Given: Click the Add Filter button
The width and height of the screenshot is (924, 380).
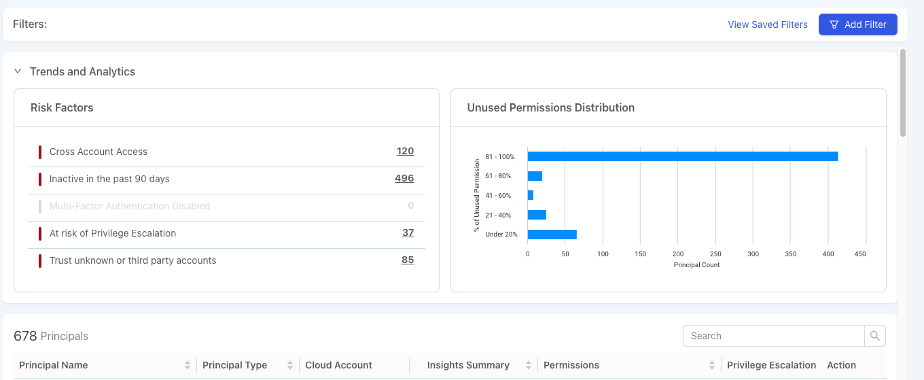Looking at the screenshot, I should tap(857, 24).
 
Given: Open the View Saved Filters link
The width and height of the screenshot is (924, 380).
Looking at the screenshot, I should tap(768, 24).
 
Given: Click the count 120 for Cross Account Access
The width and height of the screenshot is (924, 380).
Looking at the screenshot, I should tap(405, 152).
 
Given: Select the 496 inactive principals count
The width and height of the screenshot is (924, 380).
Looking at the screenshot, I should tap(404, 179).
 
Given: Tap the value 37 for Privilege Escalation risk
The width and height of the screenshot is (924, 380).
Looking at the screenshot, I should tap(408, 233).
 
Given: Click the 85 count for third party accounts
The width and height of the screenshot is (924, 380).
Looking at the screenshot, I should tap(408, 260).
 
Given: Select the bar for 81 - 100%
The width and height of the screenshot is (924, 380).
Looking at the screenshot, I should tap(682, 156).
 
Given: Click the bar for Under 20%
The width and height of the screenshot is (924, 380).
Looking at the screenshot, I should tap(552, 235).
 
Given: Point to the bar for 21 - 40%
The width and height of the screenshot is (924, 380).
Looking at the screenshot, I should tap(537, 215).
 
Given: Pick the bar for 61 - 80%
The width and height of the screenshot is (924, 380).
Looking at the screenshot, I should tap(535, 176).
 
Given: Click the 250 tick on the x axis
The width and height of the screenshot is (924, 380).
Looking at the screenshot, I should tap(715, 254).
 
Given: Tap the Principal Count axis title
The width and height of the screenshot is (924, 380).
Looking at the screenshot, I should tap(696, 265).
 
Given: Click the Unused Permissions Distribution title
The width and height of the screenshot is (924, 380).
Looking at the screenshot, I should tap(550, 107).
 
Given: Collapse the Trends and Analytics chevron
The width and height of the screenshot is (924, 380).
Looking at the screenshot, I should tap(18, 71).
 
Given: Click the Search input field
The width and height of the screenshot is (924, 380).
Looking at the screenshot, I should tap(773, 336).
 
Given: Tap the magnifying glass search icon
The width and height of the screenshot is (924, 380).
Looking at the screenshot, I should tap(875, 336).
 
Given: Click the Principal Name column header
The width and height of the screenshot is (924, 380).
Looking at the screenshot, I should tap(54, 365).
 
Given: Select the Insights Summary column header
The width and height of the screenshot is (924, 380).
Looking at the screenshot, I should tap(468, 365).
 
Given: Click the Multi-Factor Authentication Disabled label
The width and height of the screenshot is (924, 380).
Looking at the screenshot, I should tap(130, 206).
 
